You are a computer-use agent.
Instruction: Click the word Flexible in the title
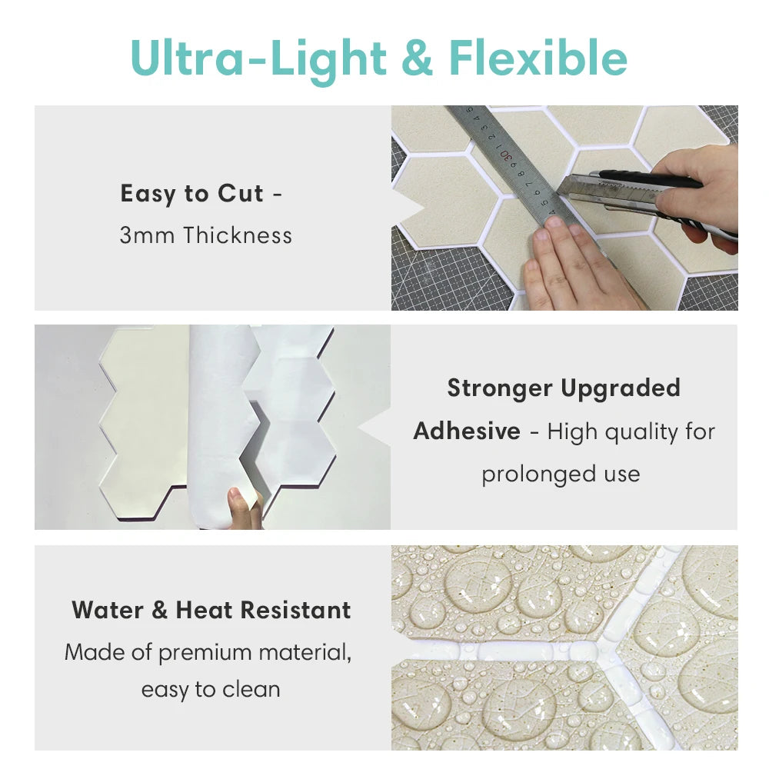pyautogui.click(x=538, y=58)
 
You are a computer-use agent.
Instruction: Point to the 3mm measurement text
pyautogui.click(x=147, y=235)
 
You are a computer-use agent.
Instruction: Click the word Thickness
pyautogui.click(x=238, y=235)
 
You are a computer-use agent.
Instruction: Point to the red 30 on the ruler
pyautogui.click(x=506, y=156)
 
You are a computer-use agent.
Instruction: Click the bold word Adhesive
pyautogui.click(x=467, y=431)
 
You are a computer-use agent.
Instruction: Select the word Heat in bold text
pyautogui.click(x=204, y=611)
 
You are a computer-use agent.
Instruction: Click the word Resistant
pyautogui.click(x=296, y=611)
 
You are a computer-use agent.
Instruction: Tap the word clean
pyautogui.click(x=251, y=690)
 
